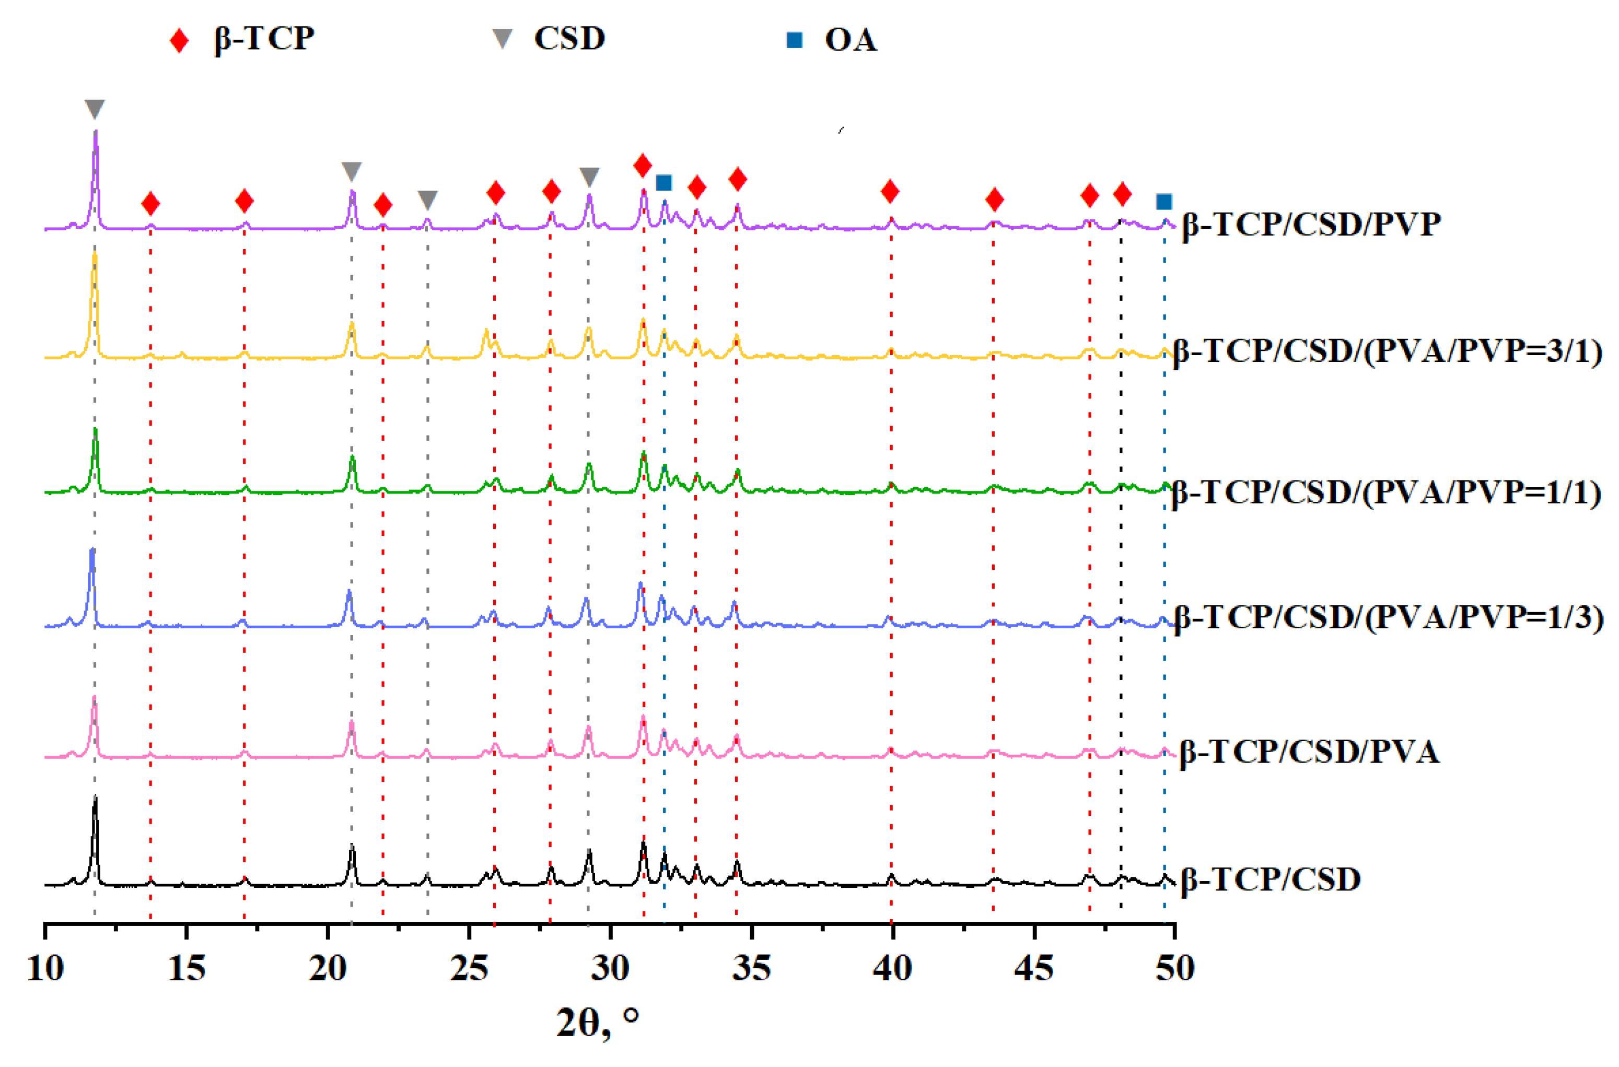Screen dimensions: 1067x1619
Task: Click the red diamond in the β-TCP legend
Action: (179, 40)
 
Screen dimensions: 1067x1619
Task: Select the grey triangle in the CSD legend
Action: (502, 39)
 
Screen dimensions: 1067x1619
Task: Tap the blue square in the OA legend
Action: (794, 40)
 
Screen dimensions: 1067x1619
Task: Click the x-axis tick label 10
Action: (45, 968)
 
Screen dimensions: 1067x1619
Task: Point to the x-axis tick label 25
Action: (469, 968)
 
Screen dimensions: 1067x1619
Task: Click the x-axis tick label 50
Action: (1174, 968)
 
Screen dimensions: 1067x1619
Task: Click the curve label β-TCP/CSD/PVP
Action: (1311, 224)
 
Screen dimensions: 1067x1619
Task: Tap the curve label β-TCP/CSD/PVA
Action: (1309, 753)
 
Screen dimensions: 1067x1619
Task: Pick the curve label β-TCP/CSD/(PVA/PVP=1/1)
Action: (1385, 492)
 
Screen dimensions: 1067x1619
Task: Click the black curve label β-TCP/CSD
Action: (1270, 879)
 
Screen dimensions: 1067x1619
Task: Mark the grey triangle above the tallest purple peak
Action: (95, 108)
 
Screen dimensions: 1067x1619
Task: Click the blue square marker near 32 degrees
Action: (663, 182)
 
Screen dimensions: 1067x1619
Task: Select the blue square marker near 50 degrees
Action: (1164, 202)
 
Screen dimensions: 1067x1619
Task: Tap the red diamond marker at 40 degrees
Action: (890, 192)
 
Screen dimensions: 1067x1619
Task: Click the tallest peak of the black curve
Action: (95, 798)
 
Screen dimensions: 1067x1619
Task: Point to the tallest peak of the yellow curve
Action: (95, 255)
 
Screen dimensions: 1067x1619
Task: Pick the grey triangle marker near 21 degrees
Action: (351, 171)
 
